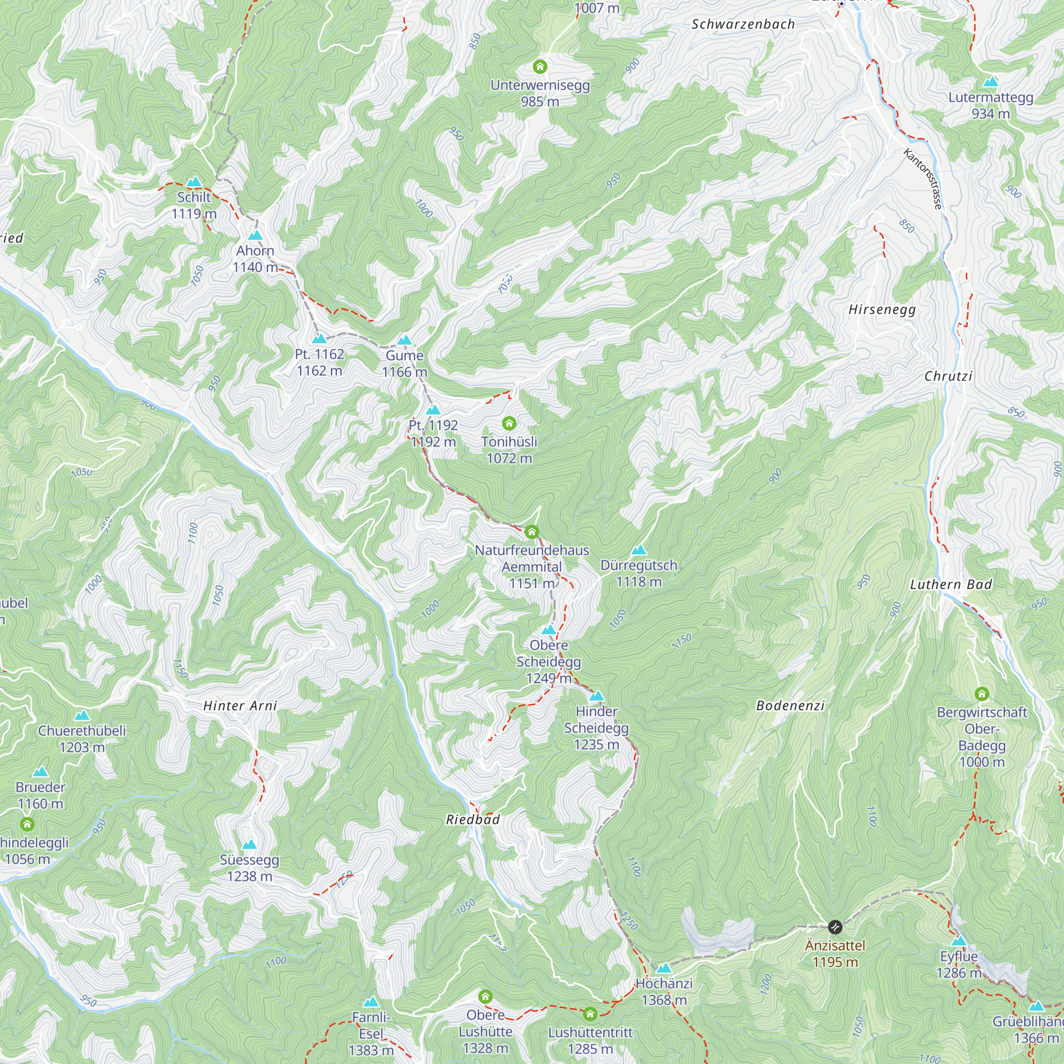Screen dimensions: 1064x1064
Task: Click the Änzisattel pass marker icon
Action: pos(835,927)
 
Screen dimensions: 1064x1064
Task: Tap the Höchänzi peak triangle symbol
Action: pos(663,968)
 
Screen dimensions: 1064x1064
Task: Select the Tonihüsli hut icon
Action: pos(509,423)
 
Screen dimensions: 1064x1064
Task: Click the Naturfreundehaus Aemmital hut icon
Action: pos(531,532)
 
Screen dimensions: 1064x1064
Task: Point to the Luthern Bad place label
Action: pos(951,585)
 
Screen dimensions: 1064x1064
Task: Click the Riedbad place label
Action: pos(472,819)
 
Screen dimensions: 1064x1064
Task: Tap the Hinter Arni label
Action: pos(239,706)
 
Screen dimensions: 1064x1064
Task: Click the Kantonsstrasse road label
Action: pos(923,179)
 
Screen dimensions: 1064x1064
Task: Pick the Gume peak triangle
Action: pos(404,340)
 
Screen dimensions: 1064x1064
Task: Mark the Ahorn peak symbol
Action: pos(254,236)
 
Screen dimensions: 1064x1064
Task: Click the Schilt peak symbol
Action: pos(193,182)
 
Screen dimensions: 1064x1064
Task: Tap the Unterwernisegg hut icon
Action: pos(539,67)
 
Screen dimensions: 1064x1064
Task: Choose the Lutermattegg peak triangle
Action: pos(990,82)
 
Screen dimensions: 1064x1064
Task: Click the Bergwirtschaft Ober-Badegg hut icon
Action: pos(982,693)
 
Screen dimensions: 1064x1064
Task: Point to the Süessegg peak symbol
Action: pos(249,844)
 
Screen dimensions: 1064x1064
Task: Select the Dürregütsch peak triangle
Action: pos(638,550)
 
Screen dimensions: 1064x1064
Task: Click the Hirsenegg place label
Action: pos(882,310)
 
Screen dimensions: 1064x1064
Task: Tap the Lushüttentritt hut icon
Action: pos(590,1014)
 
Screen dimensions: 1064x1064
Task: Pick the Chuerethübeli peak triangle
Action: pos(81,716)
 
